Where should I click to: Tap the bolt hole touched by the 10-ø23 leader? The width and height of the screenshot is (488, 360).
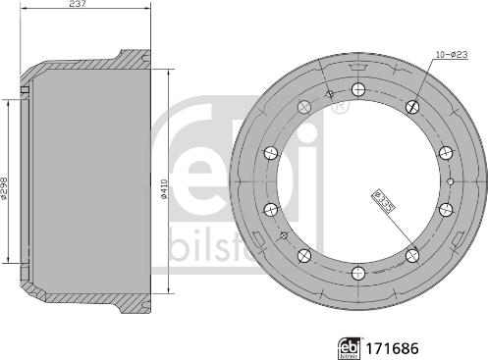[x=412, y=102]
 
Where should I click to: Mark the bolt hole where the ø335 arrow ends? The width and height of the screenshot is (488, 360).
[x=412, y=256]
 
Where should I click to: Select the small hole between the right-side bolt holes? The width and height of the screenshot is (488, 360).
[x=449, y=180]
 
